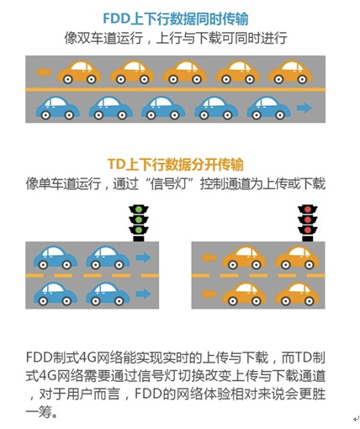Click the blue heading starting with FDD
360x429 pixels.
(x=176, y=19)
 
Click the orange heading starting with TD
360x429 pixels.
(x=176, y=164)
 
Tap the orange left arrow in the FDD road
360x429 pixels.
(x=44, y=72)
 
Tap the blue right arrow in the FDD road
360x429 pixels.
(x=304, y=108)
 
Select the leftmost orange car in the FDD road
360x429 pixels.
(x=79, y=72)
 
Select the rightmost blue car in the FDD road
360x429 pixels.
(x=268, y=108)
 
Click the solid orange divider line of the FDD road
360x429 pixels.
(x=176, y=90)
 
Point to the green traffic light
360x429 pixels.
(x=139, y=224)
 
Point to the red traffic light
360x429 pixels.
(x=308, y=224)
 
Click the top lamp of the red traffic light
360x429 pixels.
(x=308, y=209)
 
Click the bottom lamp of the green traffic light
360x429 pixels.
(x=139, y=230)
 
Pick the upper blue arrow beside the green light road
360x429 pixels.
(x=143, y=257)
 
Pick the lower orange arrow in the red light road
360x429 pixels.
(x=209, y=294)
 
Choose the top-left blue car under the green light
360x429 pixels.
(x=56, y=258)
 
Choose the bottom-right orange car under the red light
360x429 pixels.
(x=297, y=294)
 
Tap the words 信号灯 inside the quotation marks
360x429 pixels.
(x=168, y=184)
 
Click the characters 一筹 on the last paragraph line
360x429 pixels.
(x=39, y=412)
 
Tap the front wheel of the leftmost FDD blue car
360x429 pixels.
(x=69, y=115)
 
